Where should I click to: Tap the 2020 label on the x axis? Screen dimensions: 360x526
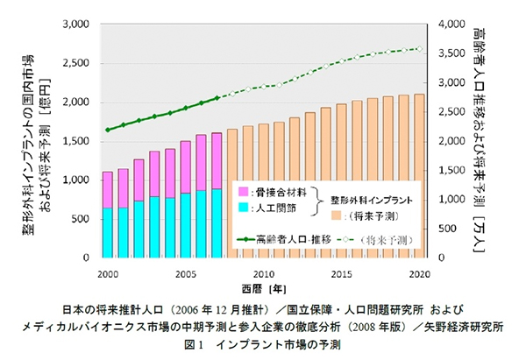click(x=419, y=273)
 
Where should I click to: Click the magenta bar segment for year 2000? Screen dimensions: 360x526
click(x=107, y=189)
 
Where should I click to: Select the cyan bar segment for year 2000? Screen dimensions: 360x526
click(x=107, y=233)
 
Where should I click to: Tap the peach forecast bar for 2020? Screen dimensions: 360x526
click(x=419, y=175)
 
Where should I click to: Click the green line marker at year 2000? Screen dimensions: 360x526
click(x=107, y=130)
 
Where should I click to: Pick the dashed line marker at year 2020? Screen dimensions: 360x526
click(x=419, y=49)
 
